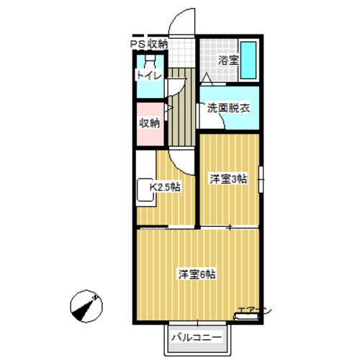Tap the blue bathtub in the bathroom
[x=250, y=61]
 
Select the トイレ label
[x=149, y=75]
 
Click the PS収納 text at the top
[x=149, y=44]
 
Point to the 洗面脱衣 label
[x=228, y=109]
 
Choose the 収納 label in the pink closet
[x=149, y=122]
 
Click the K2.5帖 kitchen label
[x=164, y=188]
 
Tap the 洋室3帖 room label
[x=228, y=178]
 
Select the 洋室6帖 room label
[x=198, y=274]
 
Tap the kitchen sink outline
[x=143, y=192]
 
